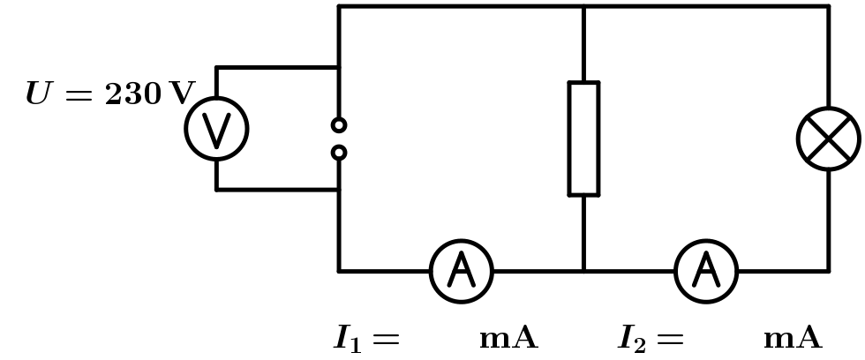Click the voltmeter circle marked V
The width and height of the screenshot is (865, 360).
(x=216, y=129)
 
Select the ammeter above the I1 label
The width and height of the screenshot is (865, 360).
(x=461, y=271)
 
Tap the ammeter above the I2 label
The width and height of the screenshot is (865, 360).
(x=706, y=271)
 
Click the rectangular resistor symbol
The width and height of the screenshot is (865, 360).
(x=583, y=139)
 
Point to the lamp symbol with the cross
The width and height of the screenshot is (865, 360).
(x=828, y=139)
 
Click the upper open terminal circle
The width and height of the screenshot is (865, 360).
(x=339, y=125)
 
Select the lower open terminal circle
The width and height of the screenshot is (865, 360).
(x=339, y=153)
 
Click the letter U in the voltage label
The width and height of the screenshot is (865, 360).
(x=39, y=94)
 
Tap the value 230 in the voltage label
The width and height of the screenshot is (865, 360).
(x=133, y=94)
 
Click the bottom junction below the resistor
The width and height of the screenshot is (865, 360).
(x=583, y=271)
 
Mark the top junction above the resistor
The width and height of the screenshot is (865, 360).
(x=583, y=6)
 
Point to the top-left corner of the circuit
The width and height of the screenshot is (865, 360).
(x=339, y=6)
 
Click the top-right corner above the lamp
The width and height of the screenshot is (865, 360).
(x=828, y=6)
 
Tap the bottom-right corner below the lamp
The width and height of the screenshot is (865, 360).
(x=828, y=271)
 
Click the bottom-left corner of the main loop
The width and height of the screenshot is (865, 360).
(x=339, y=271)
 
